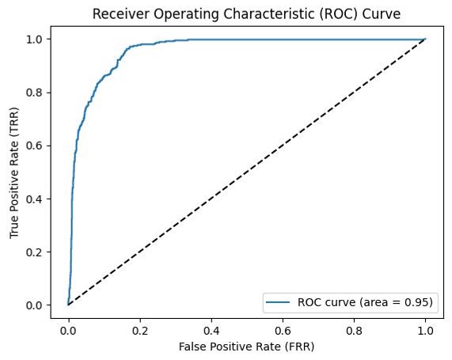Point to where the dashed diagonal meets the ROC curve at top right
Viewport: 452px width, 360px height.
coord(425,39)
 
